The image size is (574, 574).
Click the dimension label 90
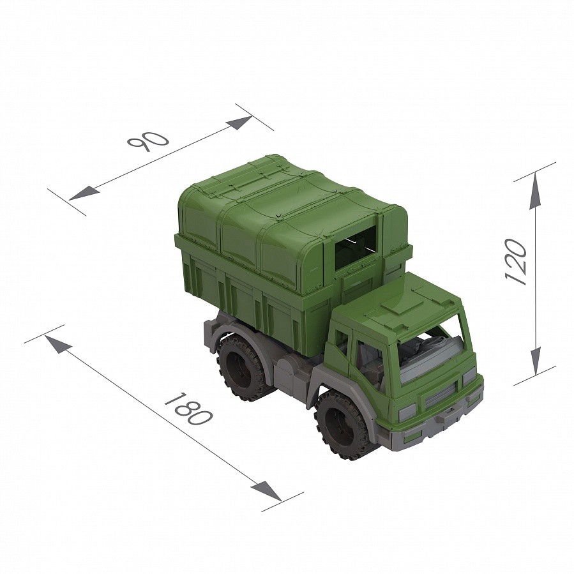148,140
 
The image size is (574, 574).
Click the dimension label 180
188,409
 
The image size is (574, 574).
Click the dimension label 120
515,261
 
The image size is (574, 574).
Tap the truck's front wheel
343,425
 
